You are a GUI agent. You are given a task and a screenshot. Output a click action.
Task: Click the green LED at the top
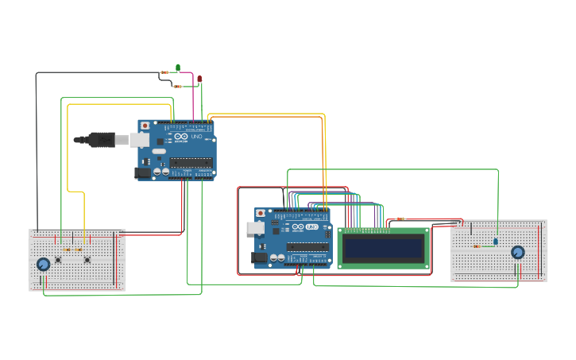point(178,68)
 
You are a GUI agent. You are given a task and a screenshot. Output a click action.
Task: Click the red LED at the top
point(199,79)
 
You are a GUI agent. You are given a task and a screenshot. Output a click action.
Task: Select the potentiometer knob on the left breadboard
point(44,264)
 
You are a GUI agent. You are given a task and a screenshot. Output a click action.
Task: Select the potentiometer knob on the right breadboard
point(518,253)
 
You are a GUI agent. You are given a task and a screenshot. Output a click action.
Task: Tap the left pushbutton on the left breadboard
point(58,260)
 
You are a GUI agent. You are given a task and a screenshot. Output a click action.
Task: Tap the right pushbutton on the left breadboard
point(87,260)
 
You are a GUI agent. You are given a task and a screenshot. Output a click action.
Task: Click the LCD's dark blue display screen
point(383,249)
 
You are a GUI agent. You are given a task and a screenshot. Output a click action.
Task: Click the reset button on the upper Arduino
point(144,126)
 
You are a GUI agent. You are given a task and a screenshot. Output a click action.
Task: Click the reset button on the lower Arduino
point(260,213)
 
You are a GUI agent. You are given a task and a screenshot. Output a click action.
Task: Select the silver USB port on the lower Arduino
point(256,227)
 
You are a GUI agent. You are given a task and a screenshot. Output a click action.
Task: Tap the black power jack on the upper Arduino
point(142,172)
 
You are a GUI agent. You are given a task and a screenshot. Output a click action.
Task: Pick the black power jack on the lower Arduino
point(259,257)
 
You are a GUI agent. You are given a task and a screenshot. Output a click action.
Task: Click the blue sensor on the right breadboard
point(496,241)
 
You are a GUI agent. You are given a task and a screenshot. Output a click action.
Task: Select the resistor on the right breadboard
point(477,246)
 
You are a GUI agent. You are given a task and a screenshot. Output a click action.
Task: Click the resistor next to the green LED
point(164,72)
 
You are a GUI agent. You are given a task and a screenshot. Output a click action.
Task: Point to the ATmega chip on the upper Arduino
point(191,162)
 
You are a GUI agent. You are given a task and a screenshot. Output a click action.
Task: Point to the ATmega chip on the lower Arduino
point(307,247)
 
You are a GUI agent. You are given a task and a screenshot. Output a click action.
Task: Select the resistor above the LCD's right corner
point(400,219)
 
